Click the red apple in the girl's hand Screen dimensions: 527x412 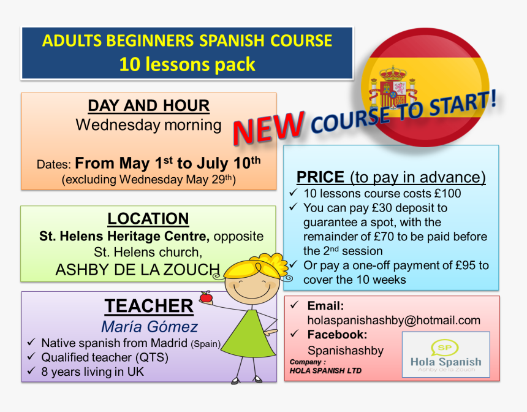206,297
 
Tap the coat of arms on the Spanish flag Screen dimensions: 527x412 393,88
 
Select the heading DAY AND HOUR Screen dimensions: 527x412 148,105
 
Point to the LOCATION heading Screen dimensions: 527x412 148,219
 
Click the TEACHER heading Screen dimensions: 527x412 149,306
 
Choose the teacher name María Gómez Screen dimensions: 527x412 150,326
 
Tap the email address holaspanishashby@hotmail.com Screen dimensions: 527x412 394,320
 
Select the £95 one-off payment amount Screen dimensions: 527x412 466,265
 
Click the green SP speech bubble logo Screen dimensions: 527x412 445,348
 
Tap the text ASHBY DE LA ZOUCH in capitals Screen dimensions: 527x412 137,270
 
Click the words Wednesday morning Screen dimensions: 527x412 148,125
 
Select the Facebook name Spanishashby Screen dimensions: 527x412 346,351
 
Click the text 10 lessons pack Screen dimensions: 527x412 187,64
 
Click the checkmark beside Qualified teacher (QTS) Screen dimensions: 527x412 31,356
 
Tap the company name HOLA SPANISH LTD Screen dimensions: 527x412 325,371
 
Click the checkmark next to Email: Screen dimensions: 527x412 294,305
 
